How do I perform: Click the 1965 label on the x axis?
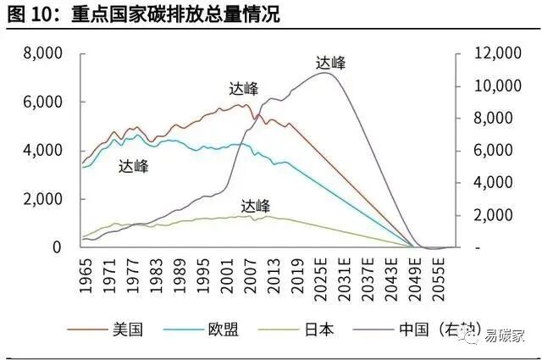pyautogui.click(x=85, y=275)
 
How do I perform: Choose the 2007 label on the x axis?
pyautogui.click(x=251, y=275)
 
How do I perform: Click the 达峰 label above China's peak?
pyautogui.click(x=330, y=62)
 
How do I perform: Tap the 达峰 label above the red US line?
pyautogui.click(x=243, y=88)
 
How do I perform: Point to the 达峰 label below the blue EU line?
pyautogui.click(x=133, y=166)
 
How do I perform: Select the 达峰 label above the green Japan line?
pyautogui.click(x=255, y=205)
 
